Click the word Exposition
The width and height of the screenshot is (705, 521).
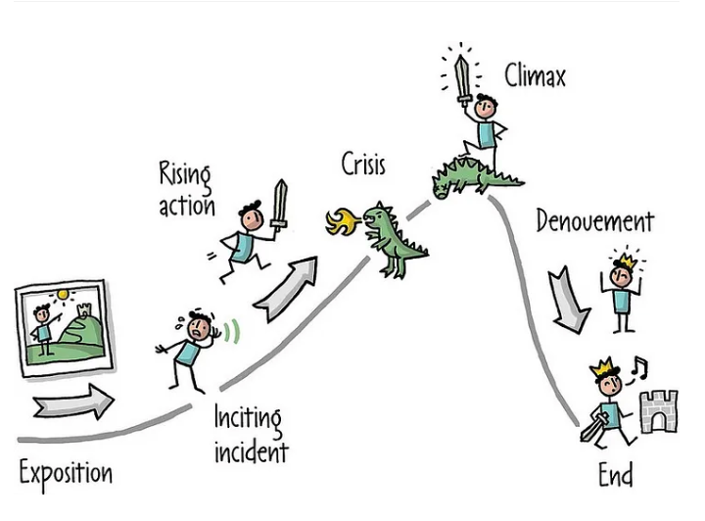(66, 474)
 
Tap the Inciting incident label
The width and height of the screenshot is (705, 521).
(251, 436)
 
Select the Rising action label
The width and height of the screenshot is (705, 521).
(185, 190)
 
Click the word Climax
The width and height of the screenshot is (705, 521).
(535, 74)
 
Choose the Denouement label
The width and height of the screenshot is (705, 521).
(593, 221)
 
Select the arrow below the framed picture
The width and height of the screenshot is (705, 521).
(72, 400)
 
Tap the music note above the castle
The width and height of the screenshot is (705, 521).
(639, 367)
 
